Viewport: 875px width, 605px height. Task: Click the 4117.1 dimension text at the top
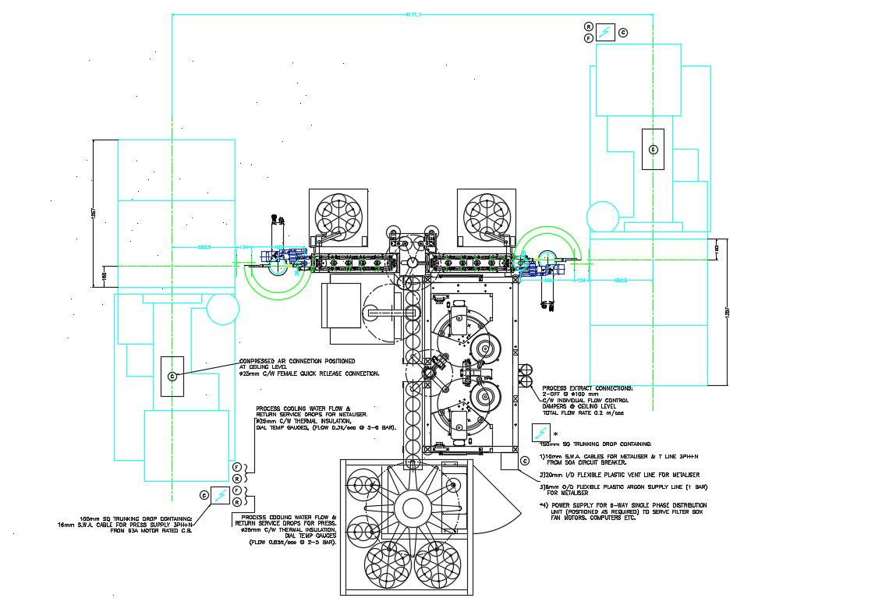pos(413,14)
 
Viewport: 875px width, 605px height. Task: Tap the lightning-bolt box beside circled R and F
pos(606,32)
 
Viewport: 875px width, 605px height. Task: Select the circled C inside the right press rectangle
pos(653,149)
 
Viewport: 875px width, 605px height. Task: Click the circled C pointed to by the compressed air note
pos(172,377)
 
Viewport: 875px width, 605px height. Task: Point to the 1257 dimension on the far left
pos(93,214)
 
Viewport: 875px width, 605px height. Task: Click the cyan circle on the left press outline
pos(222,309)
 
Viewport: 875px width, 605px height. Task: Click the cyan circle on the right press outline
pos(603,217)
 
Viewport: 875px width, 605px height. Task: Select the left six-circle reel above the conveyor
pos(338,214)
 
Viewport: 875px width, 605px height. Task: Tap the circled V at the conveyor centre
pos(412,264)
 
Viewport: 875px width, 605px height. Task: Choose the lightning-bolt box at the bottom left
pos(221,494)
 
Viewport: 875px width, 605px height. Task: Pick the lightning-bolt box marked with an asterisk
pos(540,433)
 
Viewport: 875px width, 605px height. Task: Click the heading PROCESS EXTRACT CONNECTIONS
pos(587,387)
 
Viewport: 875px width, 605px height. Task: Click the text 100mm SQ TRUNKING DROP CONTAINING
pos(136,518)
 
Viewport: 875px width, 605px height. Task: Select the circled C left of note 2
pos(526,462)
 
